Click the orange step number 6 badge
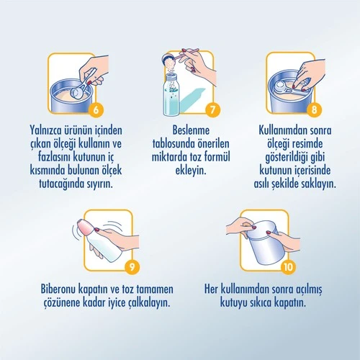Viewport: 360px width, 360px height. point(96,110)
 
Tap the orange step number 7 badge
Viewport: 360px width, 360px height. point(212,110)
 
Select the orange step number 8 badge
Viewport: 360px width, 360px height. point(314,110)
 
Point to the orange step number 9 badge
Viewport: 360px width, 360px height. point(132,266)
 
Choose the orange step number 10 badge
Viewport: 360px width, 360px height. point(288,266)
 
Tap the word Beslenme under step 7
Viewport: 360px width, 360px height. point(191,130)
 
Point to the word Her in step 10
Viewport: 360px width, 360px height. point(211,289)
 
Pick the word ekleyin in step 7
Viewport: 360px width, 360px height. point(191,171)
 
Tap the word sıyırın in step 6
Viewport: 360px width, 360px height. point(99,184)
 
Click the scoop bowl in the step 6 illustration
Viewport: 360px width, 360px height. point(78,93)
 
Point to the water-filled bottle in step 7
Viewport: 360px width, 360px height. point(171,95)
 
